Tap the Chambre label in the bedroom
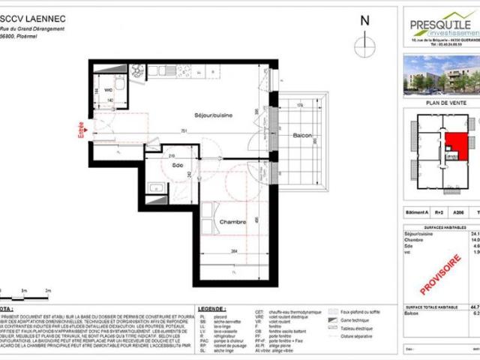point(214,201)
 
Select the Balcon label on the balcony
point(301,136)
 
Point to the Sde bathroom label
point(177,164)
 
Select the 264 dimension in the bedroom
point(213,251)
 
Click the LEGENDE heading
point(211,308)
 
